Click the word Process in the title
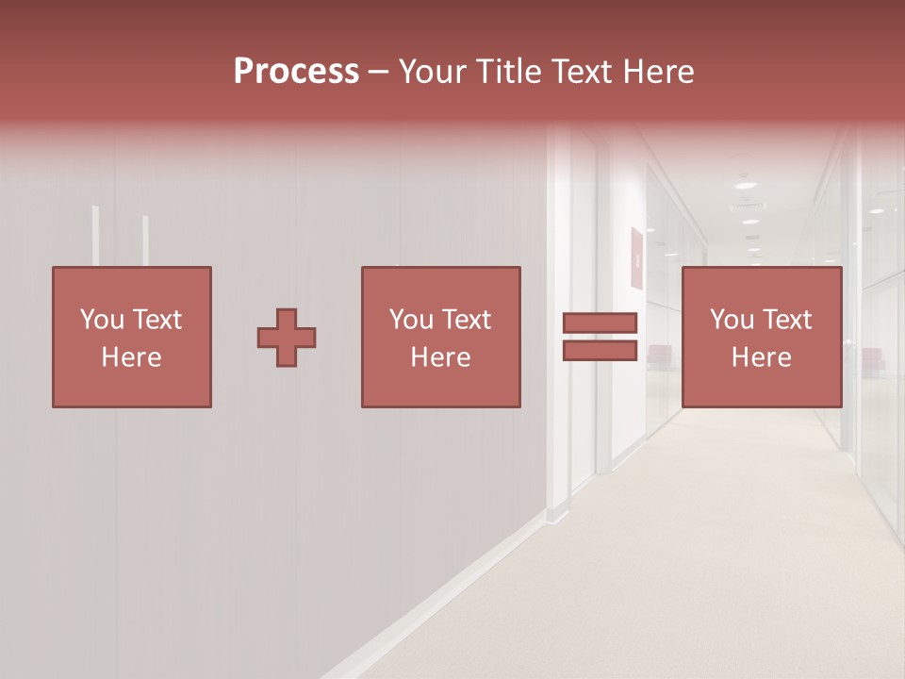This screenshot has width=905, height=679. (296, 72)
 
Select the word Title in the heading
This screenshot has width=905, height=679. (509, 72)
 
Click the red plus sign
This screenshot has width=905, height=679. (287, 338)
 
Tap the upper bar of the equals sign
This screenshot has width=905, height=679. (600, 323)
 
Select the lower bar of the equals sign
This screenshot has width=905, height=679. (600, 351)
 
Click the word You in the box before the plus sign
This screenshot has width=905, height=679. (102, 320)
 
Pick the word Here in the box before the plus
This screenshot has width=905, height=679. (131, 357)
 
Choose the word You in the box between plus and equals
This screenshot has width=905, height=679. (411, 320)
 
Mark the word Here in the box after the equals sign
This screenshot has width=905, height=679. (761, 357)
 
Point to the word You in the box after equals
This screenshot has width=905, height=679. (732, 320)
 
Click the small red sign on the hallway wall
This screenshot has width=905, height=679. (637, 257)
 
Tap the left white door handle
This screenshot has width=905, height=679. (95, 236)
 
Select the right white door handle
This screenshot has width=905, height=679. (145, 240)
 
